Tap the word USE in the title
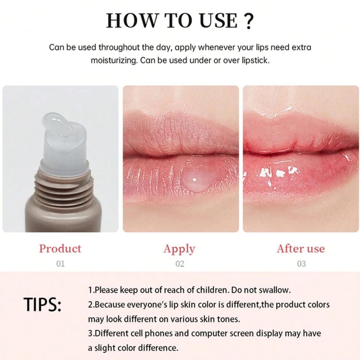(218, 21)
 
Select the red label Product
(60, 248)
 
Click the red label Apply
(179, 249)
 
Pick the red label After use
(301, 248)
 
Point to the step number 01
(60, 264)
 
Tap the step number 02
(180, 264)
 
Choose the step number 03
(301, 264)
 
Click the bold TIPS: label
(42, 305)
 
